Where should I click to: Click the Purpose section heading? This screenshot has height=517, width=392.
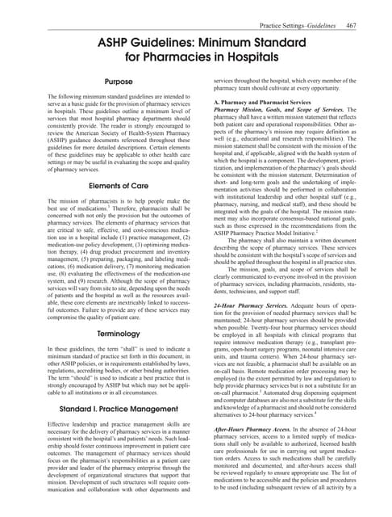(x=115, y=82)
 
